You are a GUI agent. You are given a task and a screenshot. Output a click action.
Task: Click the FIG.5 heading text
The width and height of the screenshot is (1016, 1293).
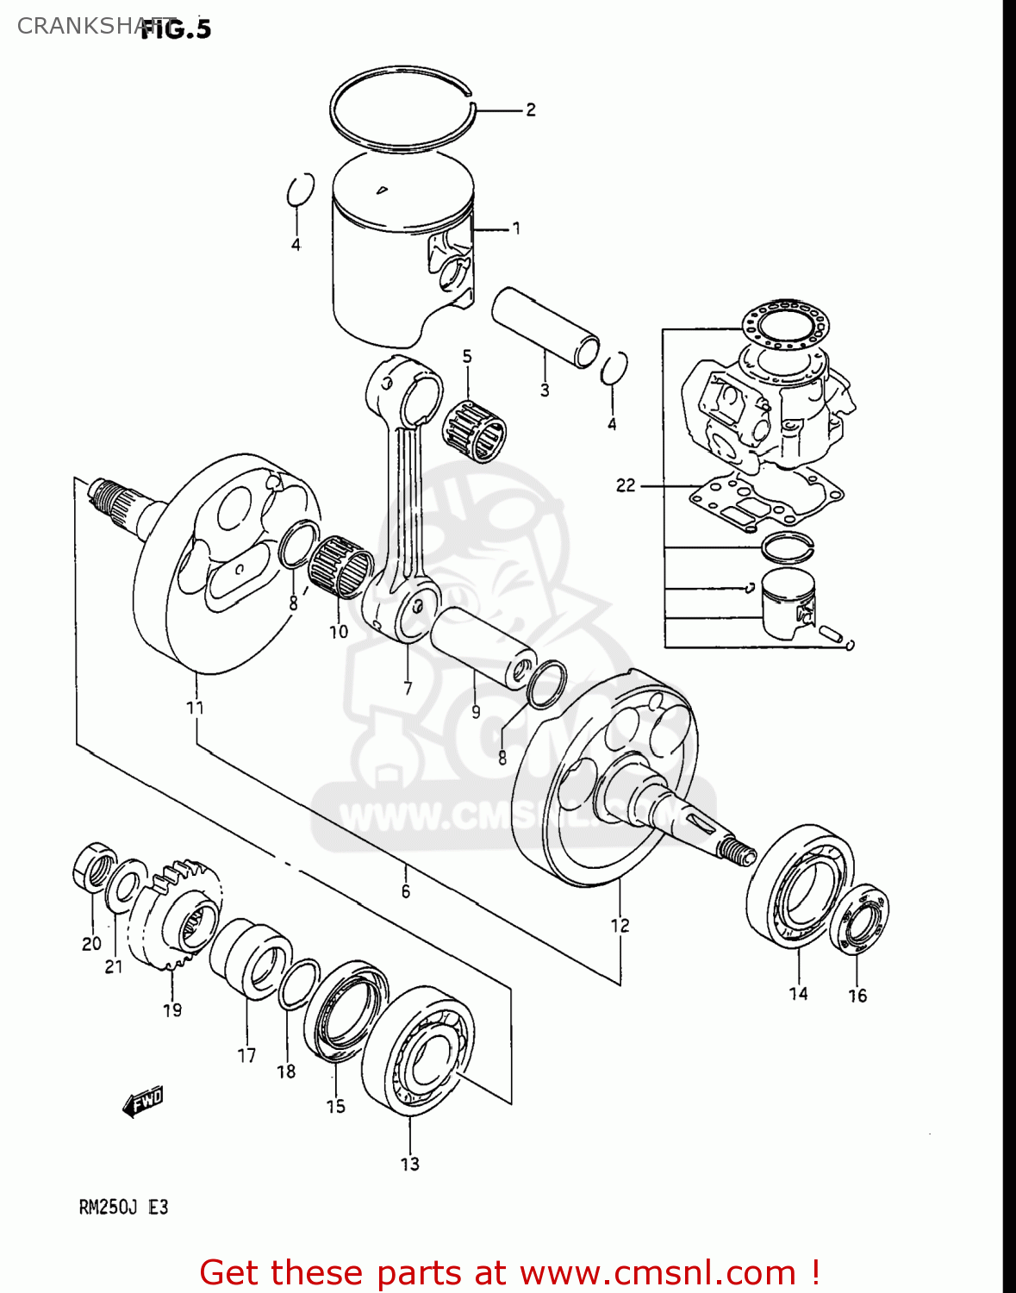176,29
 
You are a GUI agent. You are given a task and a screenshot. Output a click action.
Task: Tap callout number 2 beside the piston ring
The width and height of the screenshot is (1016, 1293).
531,109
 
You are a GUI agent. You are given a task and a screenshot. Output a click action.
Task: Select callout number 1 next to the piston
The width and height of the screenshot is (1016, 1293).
516,228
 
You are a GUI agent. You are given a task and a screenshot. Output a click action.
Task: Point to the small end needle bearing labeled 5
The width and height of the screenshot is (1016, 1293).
474,428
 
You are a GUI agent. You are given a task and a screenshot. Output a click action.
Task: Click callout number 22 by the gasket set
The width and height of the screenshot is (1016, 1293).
626,485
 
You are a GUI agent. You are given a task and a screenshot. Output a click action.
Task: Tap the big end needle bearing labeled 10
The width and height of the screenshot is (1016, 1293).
341,567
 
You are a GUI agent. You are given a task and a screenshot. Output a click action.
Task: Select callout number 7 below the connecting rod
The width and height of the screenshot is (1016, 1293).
408,688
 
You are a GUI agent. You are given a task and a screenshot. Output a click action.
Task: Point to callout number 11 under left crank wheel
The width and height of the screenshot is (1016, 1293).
196,708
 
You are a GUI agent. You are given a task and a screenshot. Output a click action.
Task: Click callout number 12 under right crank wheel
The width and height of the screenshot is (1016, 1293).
620,925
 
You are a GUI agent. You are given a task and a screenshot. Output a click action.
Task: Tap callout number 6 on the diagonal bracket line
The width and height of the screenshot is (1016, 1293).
406,891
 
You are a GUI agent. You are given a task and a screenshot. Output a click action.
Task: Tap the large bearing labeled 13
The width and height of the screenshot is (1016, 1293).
418,1050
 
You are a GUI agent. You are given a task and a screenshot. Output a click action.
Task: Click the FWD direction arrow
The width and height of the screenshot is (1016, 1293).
143,1102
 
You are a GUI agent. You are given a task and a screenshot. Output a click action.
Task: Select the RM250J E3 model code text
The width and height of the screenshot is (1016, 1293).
123,1207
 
